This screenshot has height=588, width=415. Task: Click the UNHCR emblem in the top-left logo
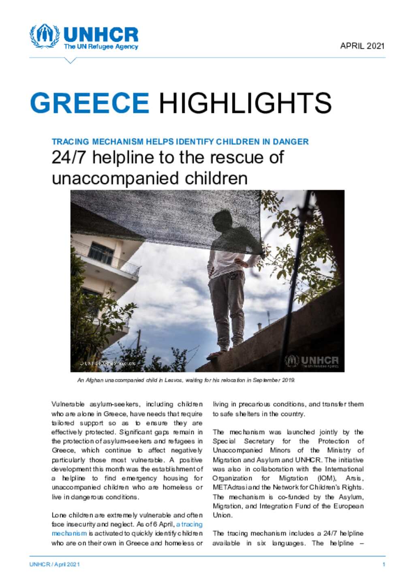44,36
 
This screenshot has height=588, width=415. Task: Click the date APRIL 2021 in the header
362,46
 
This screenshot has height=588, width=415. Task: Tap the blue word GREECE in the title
90,103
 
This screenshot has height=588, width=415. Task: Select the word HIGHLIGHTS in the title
245,103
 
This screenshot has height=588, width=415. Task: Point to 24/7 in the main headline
69,158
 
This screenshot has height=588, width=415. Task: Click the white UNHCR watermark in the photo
312,361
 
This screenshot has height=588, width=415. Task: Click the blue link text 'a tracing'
189,524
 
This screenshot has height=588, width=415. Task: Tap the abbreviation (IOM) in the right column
327,478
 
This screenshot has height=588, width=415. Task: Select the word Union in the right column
222,515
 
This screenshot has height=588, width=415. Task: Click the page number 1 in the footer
383,564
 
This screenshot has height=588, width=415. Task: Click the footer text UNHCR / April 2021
54,564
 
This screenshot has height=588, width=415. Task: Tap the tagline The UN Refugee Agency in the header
101,47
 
